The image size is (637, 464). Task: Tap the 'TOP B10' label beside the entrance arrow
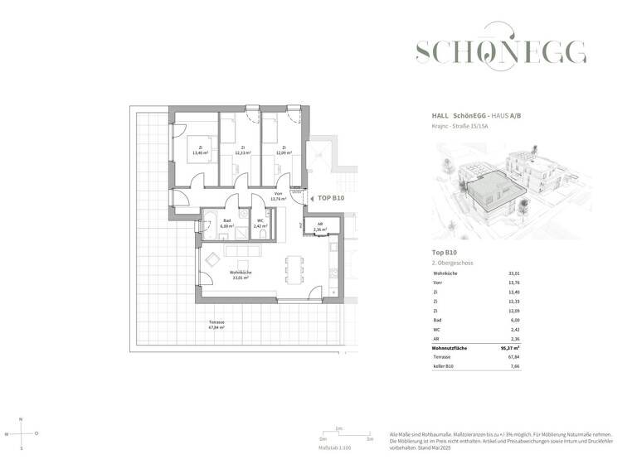(330, 198)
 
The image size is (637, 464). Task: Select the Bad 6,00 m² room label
(227, 223)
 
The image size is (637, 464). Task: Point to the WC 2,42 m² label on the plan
(260, 223)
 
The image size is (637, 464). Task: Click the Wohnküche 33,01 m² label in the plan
(242, 275)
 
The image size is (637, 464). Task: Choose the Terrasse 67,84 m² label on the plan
(216, 325)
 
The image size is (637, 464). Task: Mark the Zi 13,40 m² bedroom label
(200, 150)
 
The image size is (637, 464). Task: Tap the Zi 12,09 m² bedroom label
(284, 150)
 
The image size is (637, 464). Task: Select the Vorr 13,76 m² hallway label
(279, 196)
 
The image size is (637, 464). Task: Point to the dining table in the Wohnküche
(288, 270)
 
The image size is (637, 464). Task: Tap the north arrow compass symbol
(22, 433)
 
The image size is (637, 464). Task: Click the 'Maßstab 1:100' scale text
(335, 447)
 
